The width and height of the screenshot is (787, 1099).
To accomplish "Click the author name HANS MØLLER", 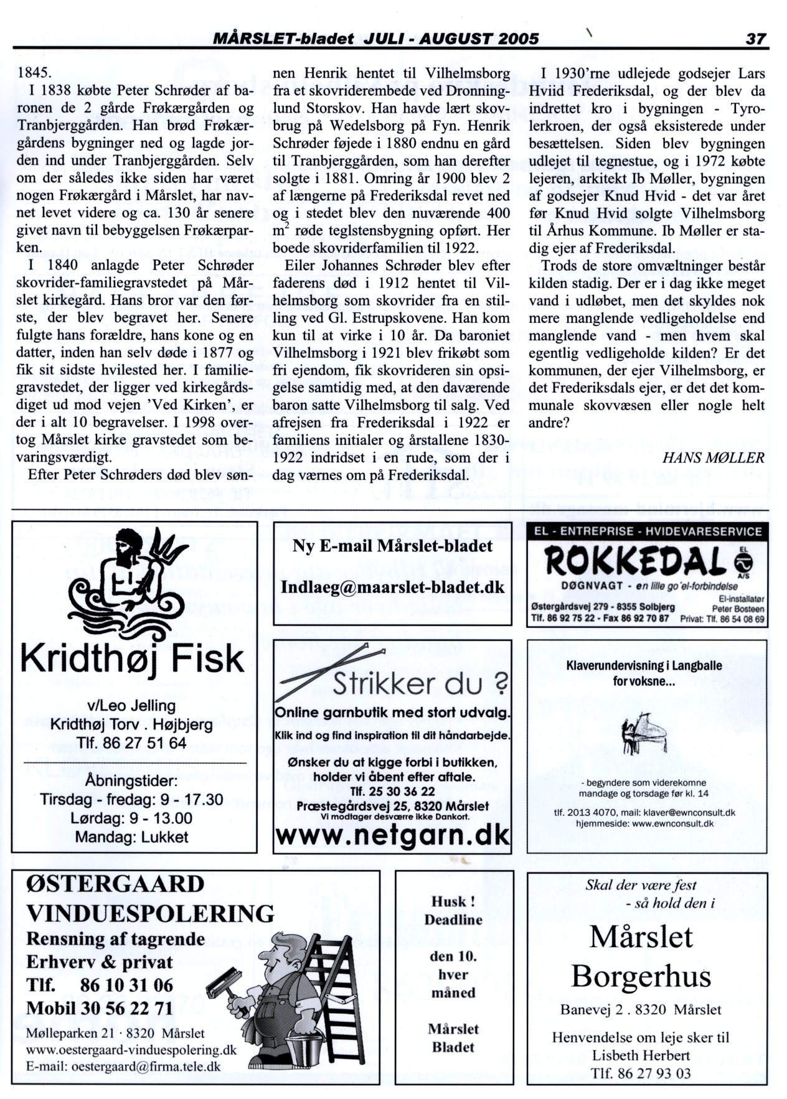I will pyautogui.click(x=713, y=458).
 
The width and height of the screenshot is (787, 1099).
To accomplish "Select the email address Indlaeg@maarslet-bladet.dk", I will pyautogui.click(x=392, y=587).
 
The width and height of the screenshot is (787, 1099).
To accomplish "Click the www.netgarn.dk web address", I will pyautogui.click(x=392, y=835).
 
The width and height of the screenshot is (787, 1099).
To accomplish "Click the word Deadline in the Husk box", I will pyautogui.click(x=453, y=919).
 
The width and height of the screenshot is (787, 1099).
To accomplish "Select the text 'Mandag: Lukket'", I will pyautogui.click(x=131, y=837).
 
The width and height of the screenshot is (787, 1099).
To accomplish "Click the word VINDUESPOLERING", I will pyautogui.click(x=150, y=914).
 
